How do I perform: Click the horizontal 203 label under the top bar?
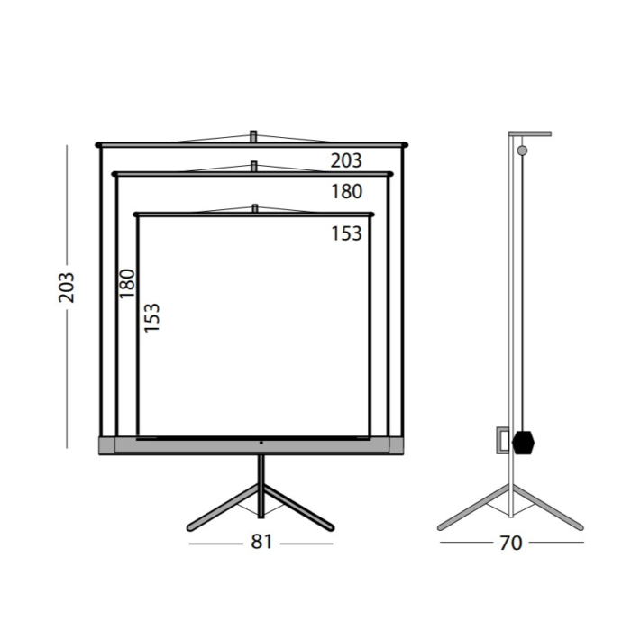coord(346,160)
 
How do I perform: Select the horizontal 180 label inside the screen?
coord(346,191)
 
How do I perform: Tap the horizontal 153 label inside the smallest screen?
coord(346,233)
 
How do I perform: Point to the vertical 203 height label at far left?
coord(67,288)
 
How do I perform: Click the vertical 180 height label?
coord(127,283)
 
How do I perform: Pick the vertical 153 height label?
coord(152,317)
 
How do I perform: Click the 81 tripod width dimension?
coord(261,542)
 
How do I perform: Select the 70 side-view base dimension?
coord(511,543)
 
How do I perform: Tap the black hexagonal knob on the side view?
coord(523,443)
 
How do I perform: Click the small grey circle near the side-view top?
coord(522,151)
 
